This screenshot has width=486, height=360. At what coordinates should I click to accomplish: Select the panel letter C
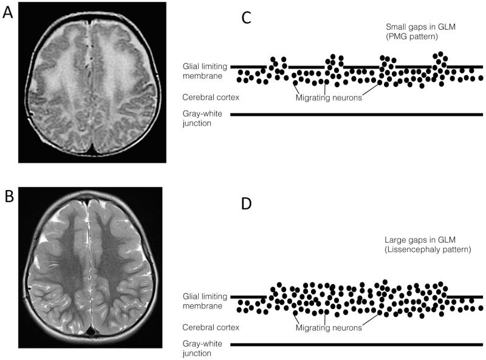pyautogui.click(x=246, y=18)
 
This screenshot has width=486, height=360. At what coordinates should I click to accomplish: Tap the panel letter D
pyautogui.click(x=247, y=203)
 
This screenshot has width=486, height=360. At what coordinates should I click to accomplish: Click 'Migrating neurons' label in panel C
pyautogui.click(x=329, y=97)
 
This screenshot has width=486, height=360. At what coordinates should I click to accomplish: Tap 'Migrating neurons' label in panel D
pyautogui.click(x=329, y=327)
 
